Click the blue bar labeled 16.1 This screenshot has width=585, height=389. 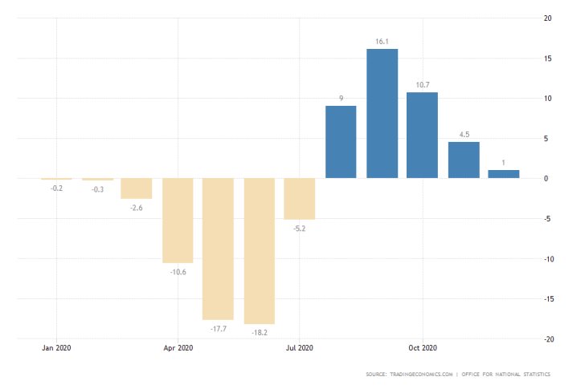point(382,113)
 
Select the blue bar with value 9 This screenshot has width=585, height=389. point(341,142)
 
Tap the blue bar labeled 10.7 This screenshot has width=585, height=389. point(422,135)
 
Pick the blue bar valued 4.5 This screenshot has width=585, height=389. point(464,160)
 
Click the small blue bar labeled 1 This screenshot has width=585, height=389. point(504,174)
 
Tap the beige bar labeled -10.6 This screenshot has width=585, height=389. point(178,221)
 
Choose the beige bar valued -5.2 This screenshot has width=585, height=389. point(300,199)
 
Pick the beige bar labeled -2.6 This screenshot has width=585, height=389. point(137,188)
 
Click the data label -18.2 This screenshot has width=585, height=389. point(260,331)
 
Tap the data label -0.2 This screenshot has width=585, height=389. point(56,188)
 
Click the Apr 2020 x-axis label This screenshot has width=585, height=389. point(178,348)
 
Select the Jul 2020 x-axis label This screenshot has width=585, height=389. point(299,348)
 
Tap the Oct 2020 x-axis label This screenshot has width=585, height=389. point(422,348)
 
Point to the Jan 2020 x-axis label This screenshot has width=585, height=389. point(56,348)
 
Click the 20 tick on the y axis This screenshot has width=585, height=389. point(547,18)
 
